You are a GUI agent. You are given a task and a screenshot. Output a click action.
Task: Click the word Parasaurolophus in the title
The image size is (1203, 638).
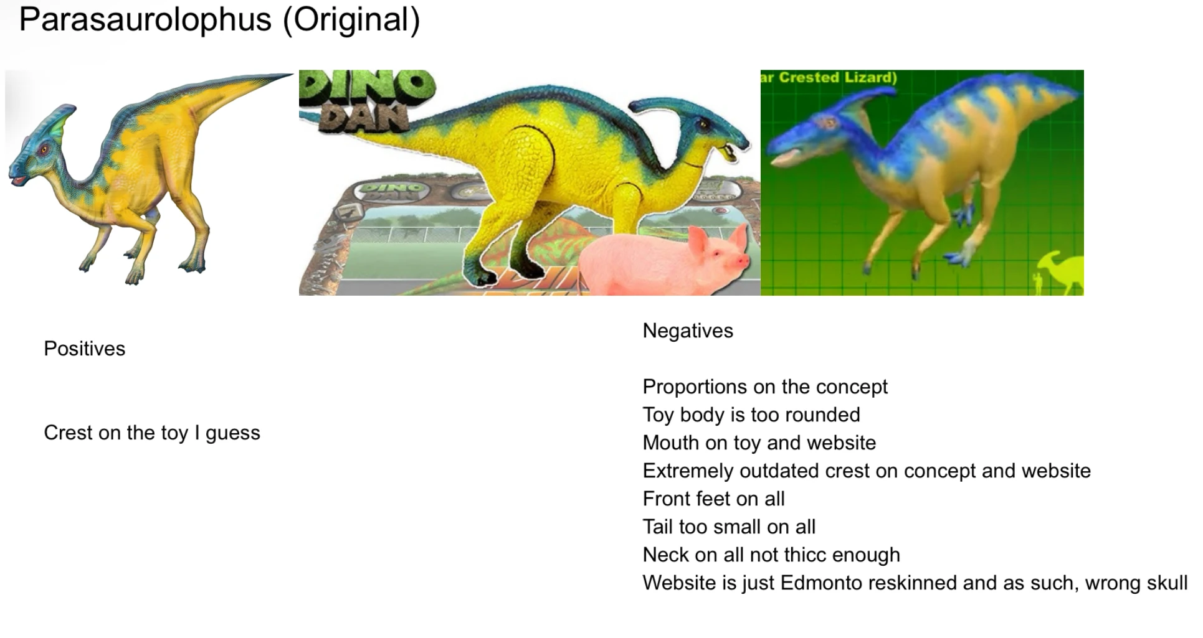click(146, 20)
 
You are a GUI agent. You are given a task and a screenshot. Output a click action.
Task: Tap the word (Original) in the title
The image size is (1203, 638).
click(351, 20)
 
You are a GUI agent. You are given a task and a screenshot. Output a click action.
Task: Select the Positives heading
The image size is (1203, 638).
click(85, 349)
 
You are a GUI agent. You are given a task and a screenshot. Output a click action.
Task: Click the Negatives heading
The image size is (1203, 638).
click(688, 331)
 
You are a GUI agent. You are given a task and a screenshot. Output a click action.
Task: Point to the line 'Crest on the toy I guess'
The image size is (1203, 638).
click(152, 433)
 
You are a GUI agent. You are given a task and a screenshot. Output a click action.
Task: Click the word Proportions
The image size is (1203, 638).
click(695, 387)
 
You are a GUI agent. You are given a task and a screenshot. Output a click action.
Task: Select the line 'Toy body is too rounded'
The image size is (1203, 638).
click(751, 415)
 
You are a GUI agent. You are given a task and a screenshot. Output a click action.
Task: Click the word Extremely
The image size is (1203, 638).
click(688, 471)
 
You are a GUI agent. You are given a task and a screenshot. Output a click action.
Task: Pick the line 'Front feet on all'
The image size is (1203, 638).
click(713, 499)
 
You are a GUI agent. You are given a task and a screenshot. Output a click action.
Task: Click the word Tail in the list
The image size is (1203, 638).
click(657, 527)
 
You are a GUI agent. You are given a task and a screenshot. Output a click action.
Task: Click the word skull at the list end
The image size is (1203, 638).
click(1164, 583)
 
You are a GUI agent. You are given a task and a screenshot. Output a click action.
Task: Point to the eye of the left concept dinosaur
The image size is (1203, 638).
click(42, 150)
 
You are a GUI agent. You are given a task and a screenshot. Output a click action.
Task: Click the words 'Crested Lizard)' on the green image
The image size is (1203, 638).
click(838, 77)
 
